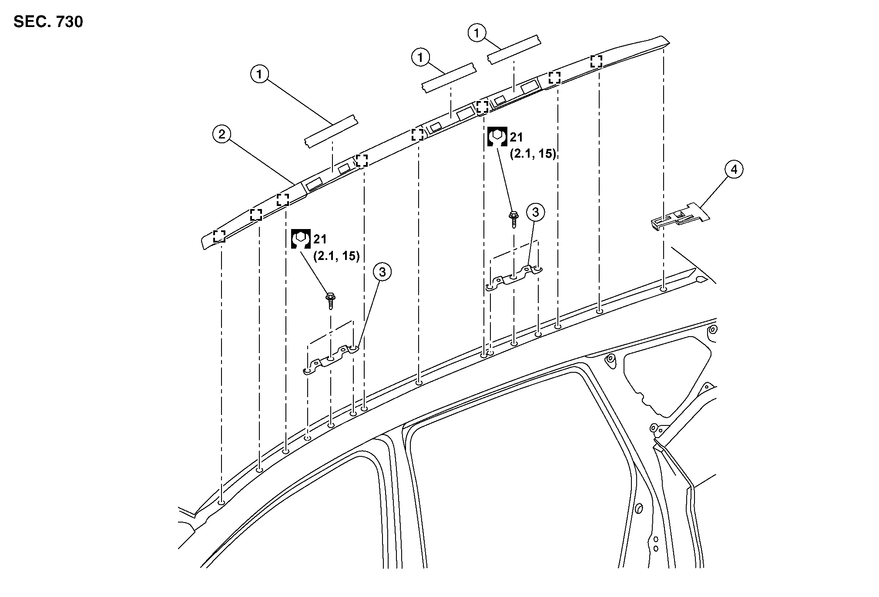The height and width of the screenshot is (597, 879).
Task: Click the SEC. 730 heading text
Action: (x=48, y=22)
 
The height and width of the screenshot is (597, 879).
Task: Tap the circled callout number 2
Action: (x=222, y=135)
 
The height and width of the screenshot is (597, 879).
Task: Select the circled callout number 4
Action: (x=734, y=169)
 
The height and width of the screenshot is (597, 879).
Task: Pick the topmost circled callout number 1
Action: (x=477, y=33)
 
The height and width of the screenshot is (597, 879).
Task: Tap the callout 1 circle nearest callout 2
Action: (x=260, y=74)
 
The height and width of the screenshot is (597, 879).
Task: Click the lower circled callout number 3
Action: (x=382, y=272)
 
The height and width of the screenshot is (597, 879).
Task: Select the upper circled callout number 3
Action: (x=535, y=212)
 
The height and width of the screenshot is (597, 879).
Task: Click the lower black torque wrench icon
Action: (x=300, y=239)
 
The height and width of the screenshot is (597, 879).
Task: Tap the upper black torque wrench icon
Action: (x=497, y=137)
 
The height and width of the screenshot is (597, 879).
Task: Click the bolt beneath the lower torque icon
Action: (x=331, y=300)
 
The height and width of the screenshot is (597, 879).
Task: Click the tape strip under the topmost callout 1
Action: (x=514, y=49)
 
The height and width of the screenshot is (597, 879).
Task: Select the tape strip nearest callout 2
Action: (x=331, y=132)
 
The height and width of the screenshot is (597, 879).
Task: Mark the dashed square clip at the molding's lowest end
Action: (x=219, y=236)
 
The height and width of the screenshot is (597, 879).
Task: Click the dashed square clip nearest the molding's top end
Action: (x=596, y=61)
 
